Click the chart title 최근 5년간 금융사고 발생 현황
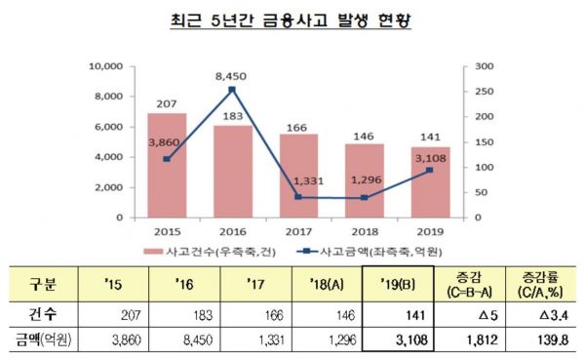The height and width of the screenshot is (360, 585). [291, 20]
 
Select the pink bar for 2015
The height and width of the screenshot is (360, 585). [167, 165]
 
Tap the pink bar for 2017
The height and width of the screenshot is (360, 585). [299, 176]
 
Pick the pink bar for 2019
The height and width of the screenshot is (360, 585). [431, 181]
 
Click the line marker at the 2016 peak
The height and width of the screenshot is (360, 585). [232, 90]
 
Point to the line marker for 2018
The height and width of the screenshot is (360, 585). [365, 197]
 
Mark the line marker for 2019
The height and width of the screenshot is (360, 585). [430, 171]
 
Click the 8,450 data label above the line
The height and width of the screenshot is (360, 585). [231, 76]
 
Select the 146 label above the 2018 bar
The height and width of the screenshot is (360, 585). [364, 137]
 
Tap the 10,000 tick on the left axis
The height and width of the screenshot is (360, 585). [106, 66]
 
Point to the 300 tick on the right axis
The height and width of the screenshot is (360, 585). [485, 66]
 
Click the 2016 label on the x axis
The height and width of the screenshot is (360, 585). [233, 232]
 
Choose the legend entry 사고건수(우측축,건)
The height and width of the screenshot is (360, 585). [210, 252]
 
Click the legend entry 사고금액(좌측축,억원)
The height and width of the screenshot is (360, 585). [370, 252]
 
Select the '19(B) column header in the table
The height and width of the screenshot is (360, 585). [398, 285]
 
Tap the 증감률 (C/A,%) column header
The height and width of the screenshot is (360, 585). [540, 285]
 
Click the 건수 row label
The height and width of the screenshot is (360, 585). [43, 314]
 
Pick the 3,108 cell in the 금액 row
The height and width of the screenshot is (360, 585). [411, 340]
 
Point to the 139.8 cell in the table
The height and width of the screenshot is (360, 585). [553, 340]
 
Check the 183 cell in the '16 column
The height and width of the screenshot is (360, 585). [203, 315]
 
